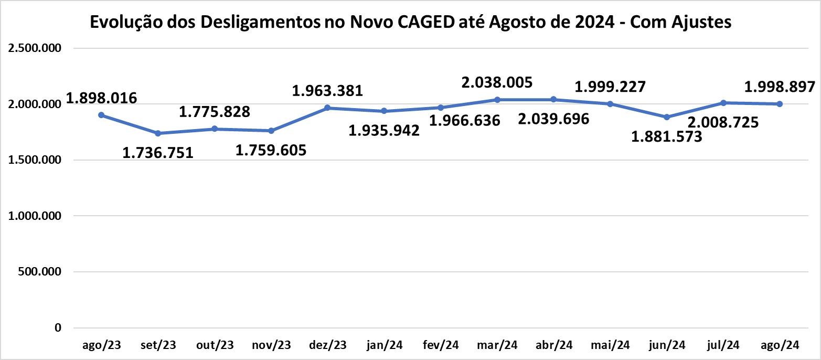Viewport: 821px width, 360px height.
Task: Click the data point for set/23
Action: tap(158, 133)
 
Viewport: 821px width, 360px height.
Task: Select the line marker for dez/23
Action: tap(327, 108)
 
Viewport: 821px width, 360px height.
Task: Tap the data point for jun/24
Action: tap(667, 117)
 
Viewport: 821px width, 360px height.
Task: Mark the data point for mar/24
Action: tap(497, 99)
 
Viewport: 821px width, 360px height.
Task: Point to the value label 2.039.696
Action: tap(553, 119)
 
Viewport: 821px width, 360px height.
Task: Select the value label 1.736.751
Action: tap(158, 153)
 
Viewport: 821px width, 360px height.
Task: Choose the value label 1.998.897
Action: tap(780, 86)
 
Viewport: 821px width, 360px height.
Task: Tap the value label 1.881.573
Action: tap(667, 137)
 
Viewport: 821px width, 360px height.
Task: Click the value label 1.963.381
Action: tap(327, 90)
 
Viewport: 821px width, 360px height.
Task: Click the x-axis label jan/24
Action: tap(384, 345)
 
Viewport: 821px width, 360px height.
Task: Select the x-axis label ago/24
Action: tap(780, 345)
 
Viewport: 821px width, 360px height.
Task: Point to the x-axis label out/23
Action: tap(215, 345)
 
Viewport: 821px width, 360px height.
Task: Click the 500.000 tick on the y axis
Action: tap(39, 272)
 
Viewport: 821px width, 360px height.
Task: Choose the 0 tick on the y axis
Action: tap(58, 328)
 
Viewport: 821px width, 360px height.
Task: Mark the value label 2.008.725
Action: tap(723, 123)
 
